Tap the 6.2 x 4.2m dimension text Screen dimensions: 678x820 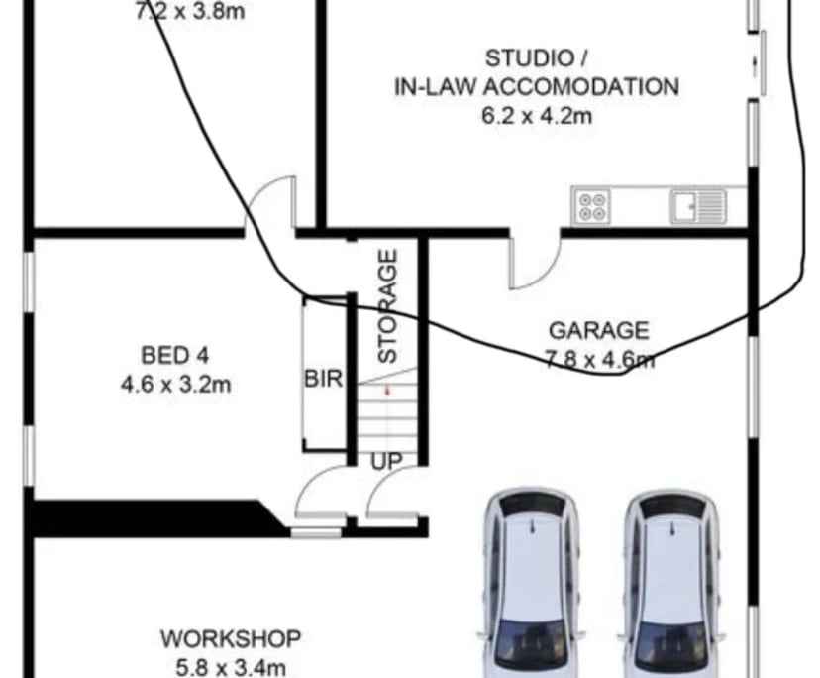(537, 115)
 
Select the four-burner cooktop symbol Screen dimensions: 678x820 (594, 206)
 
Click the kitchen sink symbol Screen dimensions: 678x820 (698, 206)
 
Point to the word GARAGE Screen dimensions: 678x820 (599, 330)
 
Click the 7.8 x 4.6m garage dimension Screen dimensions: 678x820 (599, 358)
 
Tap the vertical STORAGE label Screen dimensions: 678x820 (388, 305)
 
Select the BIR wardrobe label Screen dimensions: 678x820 (323, 379)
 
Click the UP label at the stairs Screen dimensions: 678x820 (387, 461)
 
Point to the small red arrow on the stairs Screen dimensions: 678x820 (387, 392)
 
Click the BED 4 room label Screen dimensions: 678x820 (175, 354)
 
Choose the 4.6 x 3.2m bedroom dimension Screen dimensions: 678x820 (175, 383)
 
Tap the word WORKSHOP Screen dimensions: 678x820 (231, 637)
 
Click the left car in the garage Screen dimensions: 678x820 (533, 585)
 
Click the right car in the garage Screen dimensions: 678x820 (673, 585)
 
